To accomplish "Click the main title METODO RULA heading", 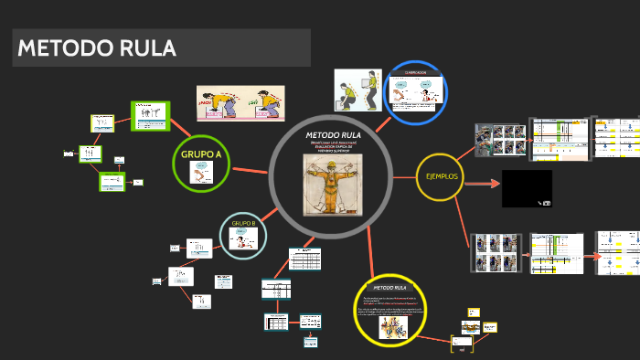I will point(97,48).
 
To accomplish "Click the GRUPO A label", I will point(200,154).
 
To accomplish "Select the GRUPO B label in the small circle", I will point(243,223).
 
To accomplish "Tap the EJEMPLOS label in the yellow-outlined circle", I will point(442,175).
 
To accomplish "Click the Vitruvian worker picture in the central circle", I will point(333,182).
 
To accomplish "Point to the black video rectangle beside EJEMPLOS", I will point(527,188).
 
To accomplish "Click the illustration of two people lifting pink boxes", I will point(240,103).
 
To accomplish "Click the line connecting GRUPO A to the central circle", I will point(250,170).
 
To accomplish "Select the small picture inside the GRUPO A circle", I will point(201,173).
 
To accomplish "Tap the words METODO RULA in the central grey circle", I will point(333,135).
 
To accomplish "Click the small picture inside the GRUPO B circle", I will point(243,238).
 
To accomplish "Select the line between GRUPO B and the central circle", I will point(273,211).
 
